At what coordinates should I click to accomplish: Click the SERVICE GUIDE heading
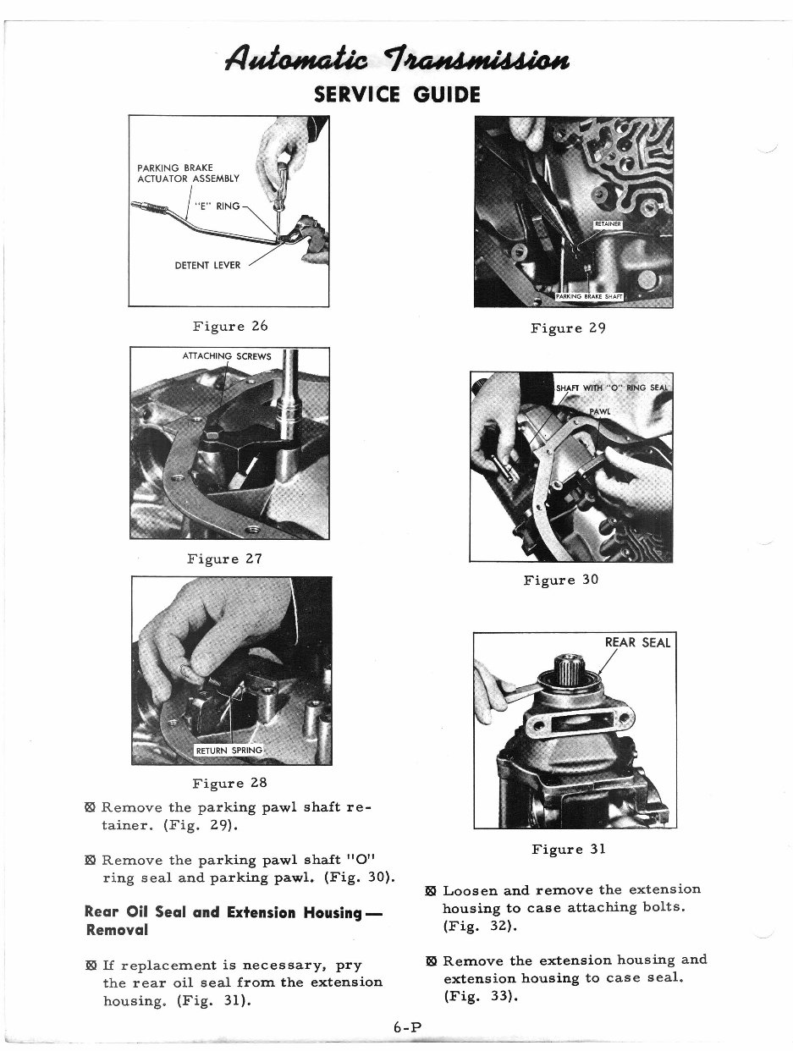[x=396, y=94]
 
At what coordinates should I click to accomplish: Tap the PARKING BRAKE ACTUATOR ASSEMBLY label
[x=188, y=173]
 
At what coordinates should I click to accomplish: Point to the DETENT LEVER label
[x=207, y=265]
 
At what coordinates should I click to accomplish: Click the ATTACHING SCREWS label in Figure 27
[x=227, y=356]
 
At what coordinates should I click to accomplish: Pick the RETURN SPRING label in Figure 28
[x=229, y=751]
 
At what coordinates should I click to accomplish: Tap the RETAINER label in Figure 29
[x=608, y=224]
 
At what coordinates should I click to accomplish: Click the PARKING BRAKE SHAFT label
[x=589, y=296]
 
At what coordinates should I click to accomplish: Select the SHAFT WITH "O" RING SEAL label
[x=611, y=388]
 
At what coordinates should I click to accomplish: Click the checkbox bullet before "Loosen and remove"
[x=430, y=891]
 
